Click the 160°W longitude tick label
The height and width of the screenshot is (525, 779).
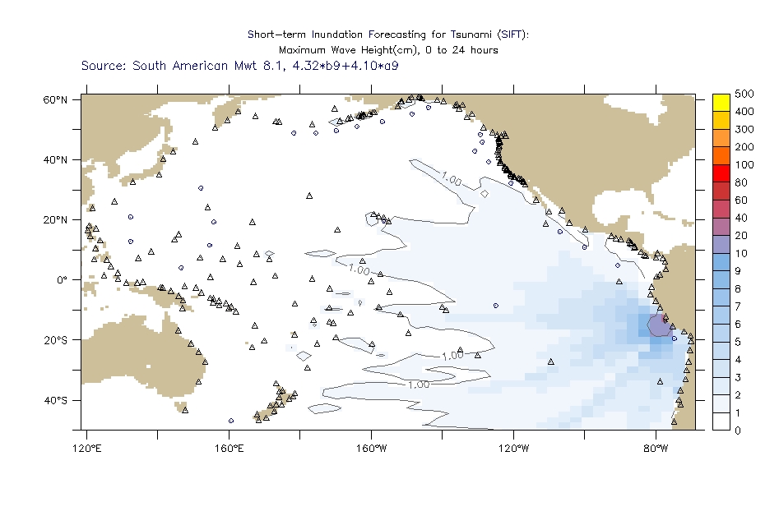click(x=371, y=448)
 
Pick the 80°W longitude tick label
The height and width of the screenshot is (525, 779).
click(x=656, y=448)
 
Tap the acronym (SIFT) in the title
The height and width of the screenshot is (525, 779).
click(x=512, y=35)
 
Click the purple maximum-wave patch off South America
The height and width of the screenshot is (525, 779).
click(x=657, y=325)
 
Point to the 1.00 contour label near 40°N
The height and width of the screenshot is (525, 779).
click(x=451, y=177)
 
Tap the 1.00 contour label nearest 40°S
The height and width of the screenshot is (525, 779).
click(x=418, y=384)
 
